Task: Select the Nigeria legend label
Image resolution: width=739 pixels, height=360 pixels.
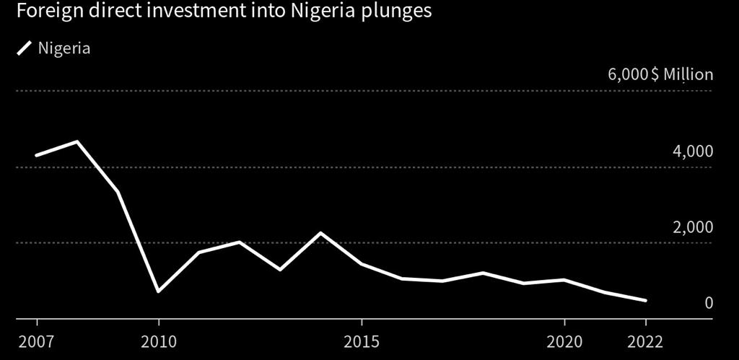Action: [64, 48]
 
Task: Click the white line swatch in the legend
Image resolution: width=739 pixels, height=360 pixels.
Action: [25, 48]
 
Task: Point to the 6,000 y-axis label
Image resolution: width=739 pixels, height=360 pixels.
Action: [628, 74]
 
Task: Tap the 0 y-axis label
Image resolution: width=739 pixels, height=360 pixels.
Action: [708, 302]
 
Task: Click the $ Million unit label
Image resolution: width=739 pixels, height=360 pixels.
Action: [682, 74]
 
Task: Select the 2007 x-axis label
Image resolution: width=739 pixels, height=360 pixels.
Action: [36, 340]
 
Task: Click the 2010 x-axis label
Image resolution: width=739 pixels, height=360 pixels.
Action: [158, 340]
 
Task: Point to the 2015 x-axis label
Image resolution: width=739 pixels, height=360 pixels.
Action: [361, 340]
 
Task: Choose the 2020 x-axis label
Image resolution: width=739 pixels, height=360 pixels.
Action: [564, 340]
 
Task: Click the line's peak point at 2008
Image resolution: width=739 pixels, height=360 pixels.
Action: [76, 141]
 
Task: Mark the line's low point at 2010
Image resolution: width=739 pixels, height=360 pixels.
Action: [158, 291]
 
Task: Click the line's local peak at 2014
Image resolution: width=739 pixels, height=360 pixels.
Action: [320, 233]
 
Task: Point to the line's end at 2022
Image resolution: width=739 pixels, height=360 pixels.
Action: [644, 300]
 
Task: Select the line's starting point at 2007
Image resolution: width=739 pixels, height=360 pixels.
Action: [36, 155]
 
